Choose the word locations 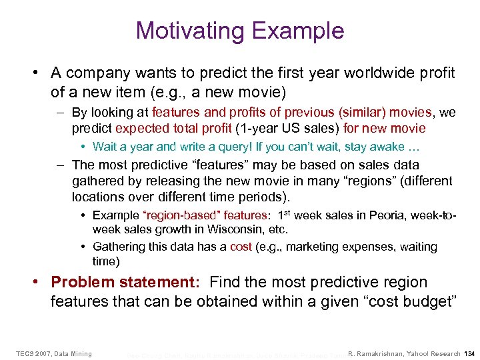(x=100, y=197)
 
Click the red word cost (x=241, y=247)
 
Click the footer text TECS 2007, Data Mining (x=55, y=353)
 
